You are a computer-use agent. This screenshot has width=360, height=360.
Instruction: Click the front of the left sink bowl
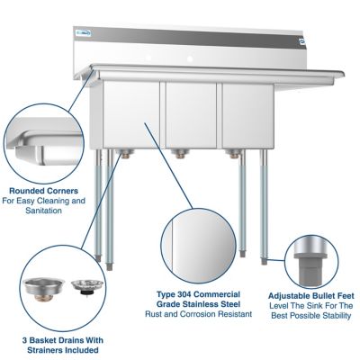click(131, 113)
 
